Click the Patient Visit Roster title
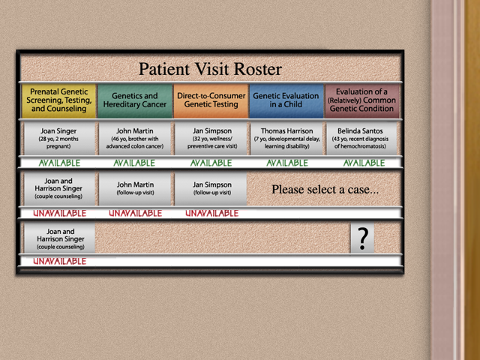(210, 69)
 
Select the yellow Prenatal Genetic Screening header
(58, 100)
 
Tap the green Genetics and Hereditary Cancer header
(135, 100)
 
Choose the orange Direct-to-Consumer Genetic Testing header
(211, 100)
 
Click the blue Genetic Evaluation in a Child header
(286, 100)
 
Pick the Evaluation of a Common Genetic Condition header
(362, 100)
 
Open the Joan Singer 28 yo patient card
(59, 139)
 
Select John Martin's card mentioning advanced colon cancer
(135, 139)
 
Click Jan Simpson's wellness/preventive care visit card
(211, 139)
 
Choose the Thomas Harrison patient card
(286, 139)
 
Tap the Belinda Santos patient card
(361, 139)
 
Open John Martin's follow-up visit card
(135, 188)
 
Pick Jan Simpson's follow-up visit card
(211, 188)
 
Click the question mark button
(362, 238)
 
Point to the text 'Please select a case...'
(325, 190)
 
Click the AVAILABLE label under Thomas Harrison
(287, 163)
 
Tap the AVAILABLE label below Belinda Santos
(364, 163)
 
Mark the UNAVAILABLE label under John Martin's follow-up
(135, 213)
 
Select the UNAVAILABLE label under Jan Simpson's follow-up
(211, 213)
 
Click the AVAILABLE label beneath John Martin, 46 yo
(134, 163)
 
